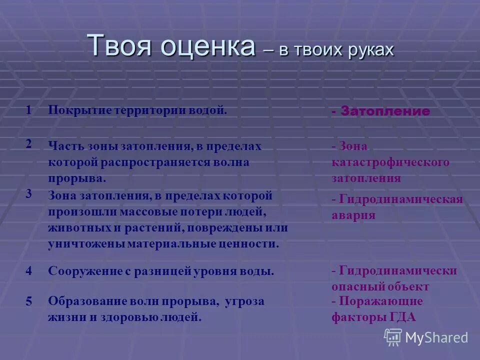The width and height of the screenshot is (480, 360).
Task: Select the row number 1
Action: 29,110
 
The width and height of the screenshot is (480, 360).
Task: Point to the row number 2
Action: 29,143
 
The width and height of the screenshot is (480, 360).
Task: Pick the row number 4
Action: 29,271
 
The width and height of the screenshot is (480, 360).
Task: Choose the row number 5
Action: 29,301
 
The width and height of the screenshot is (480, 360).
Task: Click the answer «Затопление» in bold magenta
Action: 385,111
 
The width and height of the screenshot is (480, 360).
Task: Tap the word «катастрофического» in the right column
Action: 390,162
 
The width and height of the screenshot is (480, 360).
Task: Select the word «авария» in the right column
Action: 353,215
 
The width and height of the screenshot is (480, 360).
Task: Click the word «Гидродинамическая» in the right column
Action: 400,199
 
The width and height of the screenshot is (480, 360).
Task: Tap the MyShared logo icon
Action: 392,337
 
